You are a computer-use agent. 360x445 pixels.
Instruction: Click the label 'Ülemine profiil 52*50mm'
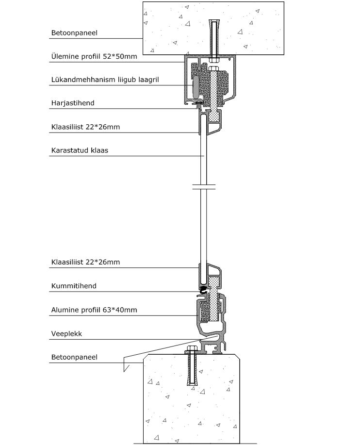(94, 56)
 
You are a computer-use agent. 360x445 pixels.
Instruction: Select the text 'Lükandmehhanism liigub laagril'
(105, 80)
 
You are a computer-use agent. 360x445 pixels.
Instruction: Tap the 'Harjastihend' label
(73, 103)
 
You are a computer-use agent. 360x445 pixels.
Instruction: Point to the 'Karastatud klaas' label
(80, 150)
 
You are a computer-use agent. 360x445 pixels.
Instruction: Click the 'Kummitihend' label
(74, 286)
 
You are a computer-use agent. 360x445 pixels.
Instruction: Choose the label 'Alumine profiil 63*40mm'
(94, 310)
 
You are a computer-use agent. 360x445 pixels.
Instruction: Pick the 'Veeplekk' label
(66, 334)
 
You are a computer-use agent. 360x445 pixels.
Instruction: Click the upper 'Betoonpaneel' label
(74, 33)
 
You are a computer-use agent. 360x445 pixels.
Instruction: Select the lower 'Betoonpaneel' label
(74, 357)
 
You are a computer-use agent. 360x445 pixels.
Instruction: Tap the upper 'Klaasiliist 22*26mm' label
(85, 127)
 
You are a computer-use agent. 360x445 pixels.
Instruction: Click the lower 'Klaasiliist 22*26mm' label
(85, 262)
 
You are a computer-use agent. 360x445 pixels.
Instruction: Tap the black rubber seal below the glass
(203, 290)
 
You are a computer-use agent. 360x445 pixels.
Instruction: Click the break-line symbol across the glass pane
(204, 187)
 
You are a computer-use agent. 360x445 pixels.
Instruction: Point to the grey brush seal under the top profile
(198, 106)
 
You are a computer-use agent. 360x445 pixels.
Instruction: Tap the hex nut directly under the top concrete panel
(214, 60)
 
